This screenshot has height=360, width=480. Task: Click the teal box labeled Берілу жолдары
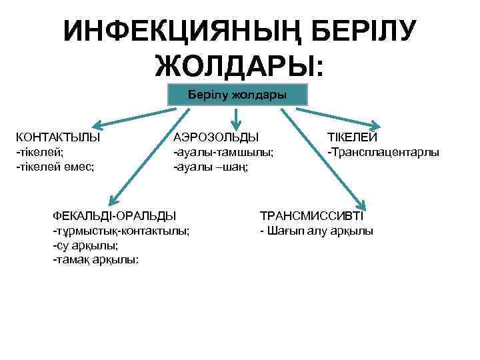point(237,95)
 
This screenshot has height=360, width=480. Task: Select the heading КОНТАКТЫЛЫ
point(59,138)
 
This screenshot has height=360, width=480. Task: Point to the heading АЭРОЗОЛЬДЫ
point(215,138)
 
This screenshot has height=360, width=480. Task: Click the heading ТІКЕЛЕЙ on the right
point(352,138)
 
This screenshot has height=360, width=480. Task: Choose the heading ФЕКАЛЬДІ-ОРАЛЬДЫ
point(115,216)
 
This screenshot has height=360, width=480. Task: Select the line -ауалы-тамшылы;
point(223,153)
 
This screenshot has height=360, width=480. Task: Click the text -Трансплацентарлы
point(383,153)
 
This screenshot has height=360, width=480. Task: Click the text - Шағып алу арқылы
point(317,231)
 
